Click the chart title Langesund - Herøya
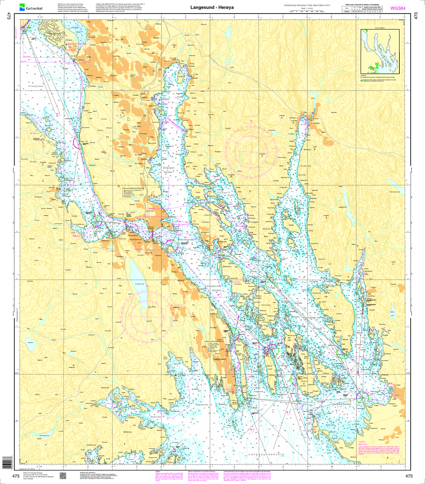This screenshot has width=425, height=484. (x=212, y=7)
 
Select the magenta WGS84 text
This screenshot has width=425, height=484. (x=398, y=8)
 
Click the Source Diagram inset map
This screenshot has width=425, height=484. (x=380, y=51)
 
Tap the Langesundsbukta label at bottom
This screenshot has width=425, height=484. (x=266, y=455)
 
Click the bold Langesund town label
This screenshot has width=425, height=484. (x=219, y=359)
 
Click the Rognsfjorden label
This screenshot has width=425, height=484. (x=202, y=405)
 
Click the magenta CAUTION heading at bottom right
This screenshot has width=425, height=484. (x=362, y=442)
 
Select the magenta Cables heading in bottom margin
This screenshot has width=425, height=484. (x=157, y=471)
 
